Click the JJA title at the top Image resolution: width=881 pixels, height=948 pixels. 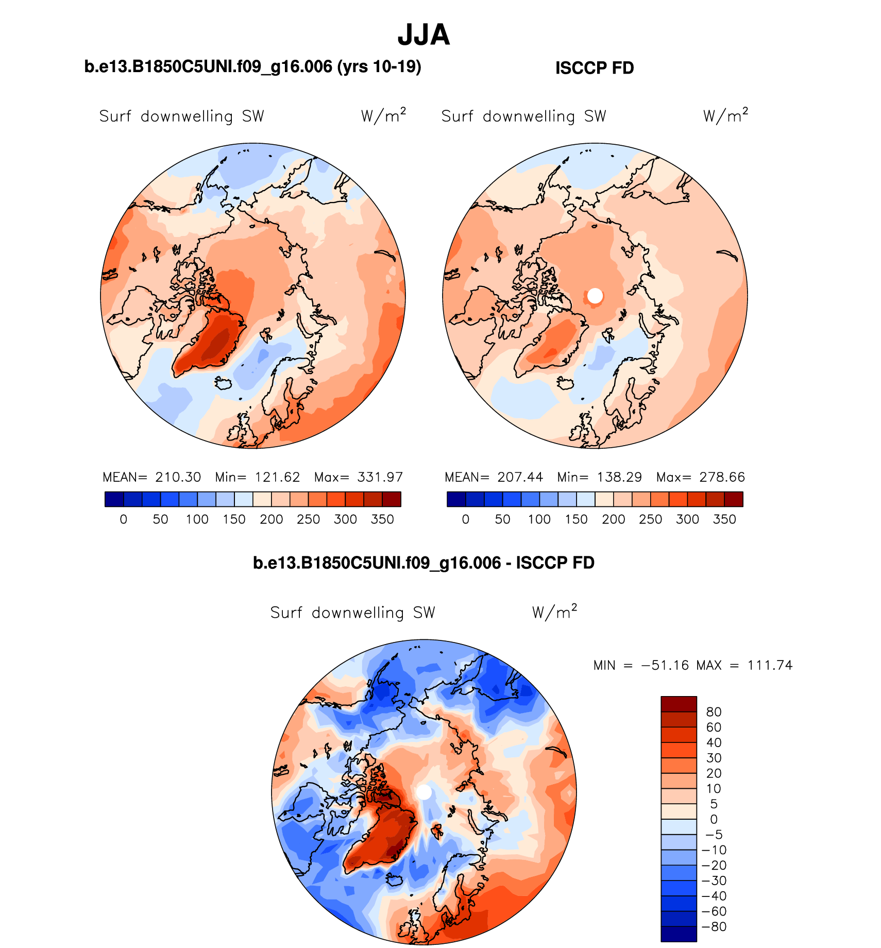pos(423,35)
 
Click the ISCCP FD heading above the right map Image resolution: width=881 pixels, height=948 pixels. pos(595,68)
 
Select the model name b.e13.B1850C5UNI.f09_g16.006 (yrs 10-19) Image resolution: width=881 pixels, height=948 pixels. pos(252,67)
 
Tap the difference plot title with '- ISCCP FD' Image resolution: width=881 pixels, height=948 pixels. pos(423,563)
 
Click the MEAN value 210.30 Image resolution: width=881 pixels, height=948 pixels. pos(178,477)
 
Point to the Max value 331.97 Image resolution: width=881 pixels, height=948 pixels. pos(380,477)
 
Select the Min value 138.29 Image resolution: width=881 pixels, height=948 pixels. pos(619,477)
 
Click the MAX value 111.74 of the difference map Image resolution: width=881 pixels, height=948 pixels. pos(770,665)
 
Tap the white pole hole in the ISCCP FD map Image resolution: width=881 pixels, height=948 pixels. pos(595,296)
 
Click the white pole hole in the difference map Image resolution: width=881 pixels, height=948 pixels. pos(423,792)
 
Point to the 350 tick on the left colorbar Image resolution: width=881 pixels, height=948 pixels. pos(382,519)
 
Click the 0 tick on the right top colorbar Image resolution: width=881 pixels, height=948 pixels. pos(466,519)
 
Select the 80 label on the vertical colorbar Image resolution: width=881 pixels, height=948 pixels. pos(714,712)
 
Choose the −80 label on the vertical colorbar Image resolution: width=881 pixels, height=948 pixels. pos(714,927)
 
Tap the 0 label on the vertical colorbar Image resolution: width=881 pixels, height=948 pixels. pos(714,819)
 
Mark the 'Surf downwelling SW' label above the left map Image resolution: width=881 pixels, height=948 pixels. pos(181,116)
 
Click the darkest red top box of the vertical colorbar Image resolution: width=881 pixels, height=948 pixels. pos(679,704)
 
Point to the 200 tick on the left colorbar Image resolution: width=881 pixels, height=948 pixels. pos(271,519)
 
